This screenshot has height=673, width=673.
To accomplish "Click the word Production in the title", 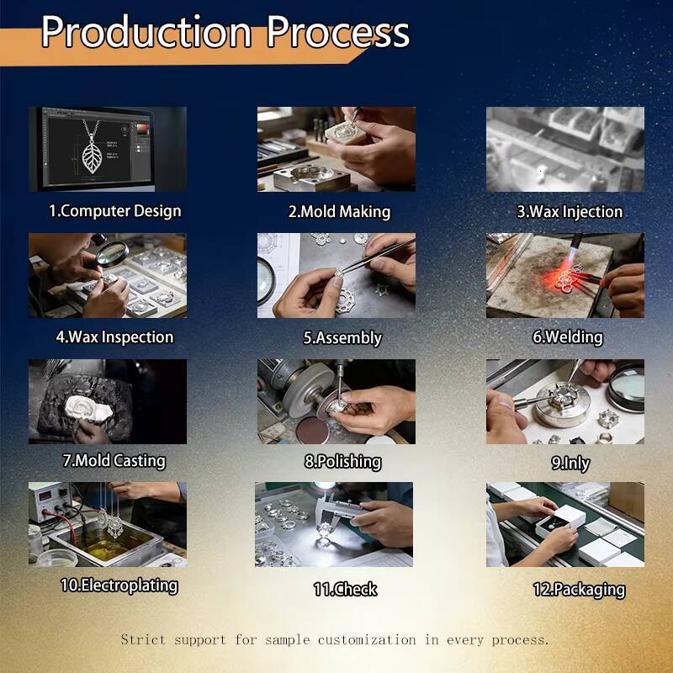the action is (146, 32).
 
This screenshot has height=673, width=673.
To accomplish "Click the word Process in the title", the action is (338, 32).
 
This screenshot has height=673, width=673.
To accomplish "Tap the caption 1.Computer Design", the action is (115, 211).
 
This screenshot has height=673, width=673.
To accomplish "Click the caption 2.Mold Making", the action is (339, 212).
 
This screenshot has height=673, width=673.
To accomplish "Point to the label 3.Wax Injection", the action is (570, 212).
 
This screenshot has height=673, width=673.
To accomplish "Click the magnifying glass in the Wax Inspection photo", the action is (111, 253).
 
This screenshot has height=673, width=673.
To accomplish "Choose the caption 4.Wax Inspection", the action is (114, 337).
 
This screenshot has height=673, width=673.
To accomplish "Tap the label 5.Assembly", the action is (342, 338).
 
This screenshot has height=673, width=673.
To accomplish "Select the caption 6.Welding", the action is (567, 337).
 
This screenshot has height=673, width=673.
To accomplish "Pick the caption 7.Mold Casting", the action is (114, 460).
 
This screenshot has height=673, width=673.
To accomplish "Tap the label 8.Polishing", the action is (343, 461).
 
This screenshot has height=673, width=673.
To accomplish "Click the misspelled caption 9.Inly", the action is (570, 463).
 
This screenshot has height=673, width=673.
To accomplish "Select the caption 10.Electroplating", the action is (119, 586).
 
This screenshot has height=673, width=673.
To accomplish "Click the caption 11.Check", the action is (345, 589).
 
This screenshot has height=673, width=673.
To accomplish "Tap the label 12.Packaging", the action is (579, 590).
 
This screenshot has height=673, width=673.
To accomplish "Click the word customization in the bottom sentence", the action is (367, 639).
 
